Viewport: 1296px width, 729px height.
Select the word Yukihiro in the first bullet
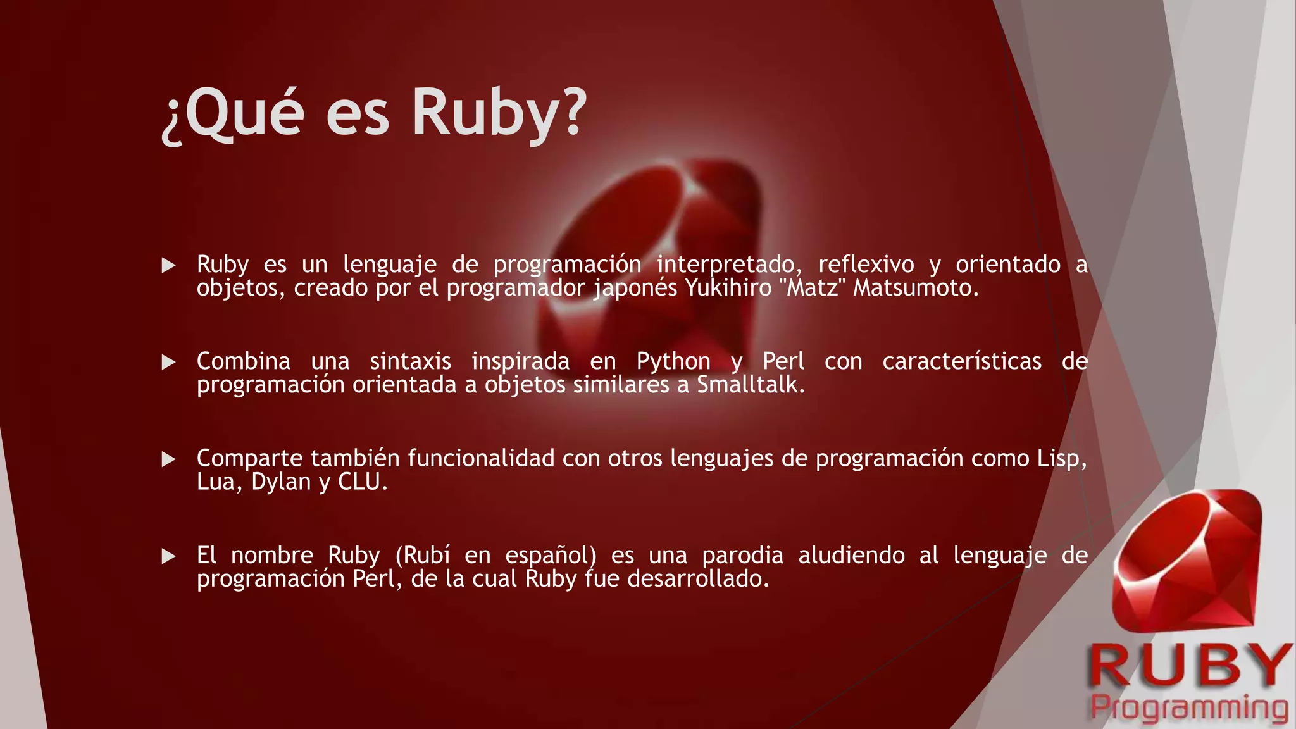point(728,288)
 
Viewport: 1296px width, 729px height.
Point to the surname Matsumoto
point(915,288)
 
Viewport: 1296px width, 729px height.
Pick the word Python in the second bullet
point(673,361)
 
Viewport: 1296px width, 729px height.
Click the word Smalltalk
point(751,385)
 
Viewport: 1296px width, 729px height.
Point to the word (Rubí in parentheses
point(423,556)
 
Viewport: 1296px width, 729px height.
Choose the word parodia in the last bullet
point(742,556)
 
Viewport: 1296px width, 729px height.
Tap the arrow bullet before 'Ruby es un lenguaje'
point(168,265)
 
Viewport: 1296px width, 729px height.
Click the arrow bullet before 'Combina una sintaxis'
point(168,362)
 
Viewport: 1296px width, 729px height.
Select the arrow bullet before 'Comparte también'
point(168,459)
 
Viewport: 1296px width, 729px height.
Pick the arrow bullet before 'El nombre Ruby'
point(168,556)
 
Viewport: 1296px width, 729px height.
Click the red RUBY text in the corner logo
point(1190,666)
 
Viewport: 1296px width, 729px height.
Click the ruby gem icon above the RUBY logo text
point(1187,560)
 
